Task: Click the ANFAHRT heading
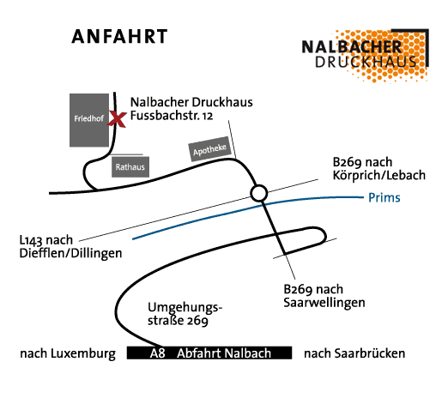coord(119,37)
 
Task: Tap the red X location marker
coord(117,119)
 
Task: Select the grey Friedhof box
coord(89,120)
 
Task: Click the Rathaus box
coord(130,167)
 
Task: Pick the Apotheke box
coord(209,149)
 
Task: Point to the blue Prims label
coord(384,197)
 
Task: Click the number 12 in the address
coord(208,116)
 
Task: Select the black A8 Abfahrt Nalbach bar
coord(209,353)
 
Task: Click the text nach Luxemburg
coord(68,353)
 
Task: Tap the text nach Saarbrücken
coord(354,353)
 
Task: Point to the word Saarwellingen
coord(324,303)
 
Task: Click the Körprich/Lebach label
coord(379,175)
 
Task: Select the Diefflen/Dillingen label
coord(70,253)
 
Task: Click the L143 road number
coord(31,240)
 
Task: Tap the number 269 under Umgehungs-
coord(197,321)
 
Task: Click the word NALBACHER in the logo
coord(352,47)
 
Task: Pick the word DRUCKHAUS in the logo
coord(366,62)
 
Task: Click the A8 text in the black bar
coord(157,353)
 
